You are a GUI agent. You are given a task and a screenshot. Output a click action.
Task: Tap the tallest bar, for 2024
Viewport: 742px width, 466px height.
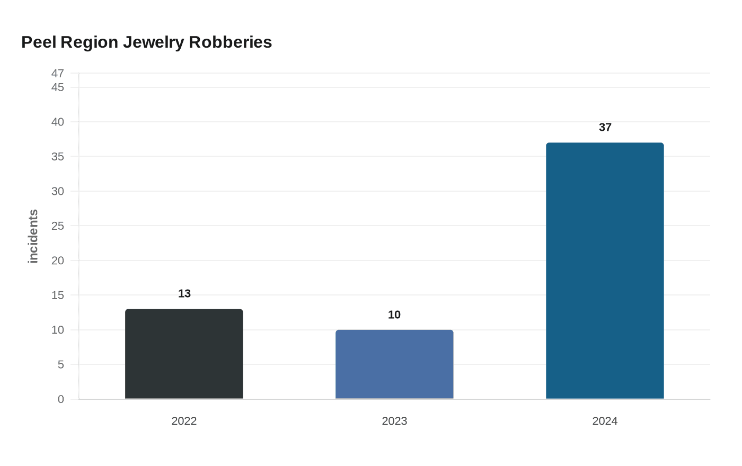[x=605, y=271]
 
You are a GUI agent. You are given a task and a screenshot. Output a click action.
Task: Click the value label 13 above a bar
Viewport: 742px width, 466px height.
[x=184, y=294]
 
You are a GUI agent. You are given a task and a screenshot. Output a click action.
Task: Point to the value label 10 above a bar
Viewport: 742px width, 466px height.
[x=394, y=315]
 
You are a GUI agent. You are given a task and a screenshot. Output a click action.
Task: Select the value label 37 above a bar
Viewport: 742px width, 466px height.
[x=605, y=128]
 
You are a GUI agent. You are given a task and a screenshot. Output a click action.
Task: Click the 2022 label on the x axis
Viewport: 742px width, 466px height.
[x=184, y=421]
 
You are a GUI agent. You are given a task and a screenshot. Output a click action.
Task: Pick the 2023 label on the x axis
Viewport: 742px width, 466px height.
[x=394, y=421]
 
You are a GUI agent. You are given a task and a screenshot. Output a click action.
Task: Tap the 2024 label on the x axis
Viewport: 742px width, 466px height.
[x=605, y=421]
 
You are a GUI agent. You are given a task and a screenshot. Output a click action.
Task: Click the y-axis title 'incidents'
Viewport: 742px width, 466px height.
[x=33, y=236]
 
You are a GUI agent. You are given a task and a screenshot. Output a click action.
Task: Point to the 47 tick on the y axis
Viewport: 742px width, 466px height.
[x=58, y=74]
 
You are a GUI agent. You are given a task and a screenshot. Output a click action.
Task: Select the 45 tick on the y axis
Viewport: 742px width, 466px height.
[x=58, y=87]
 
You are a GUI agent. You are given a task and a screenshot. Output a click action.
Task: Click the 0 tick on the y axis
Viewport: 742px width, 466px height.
[x=61, y=399]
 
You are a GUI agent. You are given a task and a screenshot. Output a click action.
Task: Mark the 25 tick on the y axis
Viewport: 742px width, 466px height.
[x=58, y=226]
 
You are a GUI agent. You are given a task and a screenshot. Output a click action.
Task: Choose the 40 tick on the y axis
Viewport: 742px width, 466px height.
[x=58, y=122]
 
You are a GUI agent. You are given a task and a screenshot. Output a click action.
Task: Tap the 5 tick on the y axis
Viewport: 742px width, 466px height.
[x=61, y=365]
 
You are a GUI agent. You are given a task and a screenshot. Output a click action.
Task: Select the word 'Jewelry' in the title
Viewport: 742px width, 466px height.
[x=154, y=42]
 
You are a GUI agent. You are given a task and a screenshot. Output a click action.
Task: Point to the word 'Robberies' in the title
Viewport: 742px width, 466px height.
[x=230, y=42]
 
